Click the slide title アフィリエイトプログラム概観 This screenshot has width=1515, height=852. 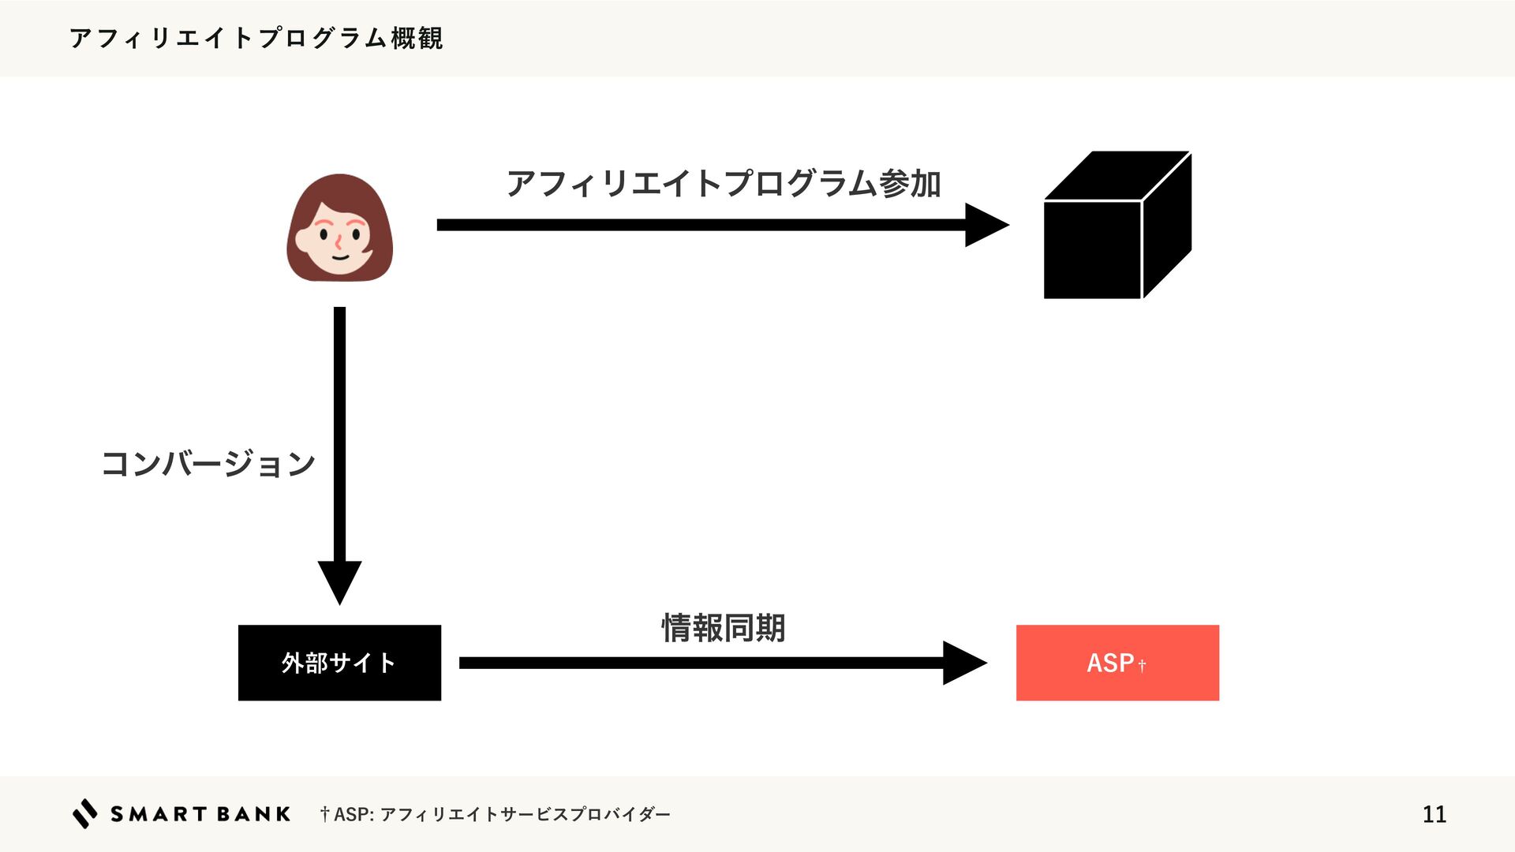tap(256, 38)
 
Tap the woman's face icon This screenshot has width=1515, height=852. tap(339, 237)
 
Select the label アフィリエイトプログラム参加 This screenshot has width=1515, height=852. tap(723, 184)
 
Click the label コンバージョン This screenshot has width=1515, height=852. tap(208, 464)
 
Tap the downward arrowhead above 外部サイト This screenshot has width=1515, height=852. tap(339, 581)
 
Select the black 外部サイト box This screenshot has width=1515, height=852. tap(339, 663)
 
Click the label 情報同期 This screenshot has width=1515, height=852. tap(723, 628)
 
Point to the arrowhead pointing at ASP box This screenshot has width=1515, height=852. tap(963, 663)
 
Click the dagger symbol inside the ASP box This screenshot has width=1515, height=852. tap(1142, 667)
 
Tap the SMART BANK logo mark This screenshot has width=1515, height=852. tap(85, 813)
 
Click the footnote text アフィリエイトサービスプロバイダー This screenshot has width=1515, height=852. tap(525, 814)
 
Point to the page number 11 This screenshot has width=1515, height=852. tap(1434, 814)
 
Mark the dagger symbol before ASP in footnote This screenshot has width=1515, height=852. tap(324, 813)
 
